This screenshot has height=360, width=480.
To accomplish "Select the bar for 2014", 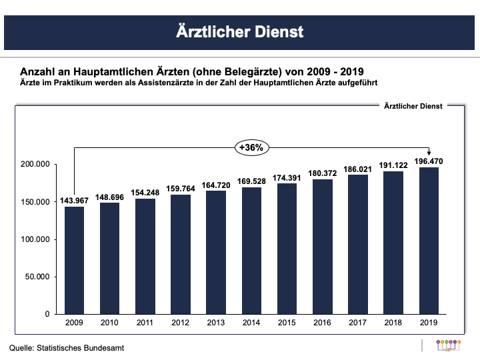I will click(x=251, y=250).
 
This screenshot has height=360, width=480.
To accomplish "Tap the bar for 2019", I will click(x=428, y=240).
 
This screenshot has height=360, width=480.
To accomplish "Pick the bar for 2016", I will click(x=322, y=246).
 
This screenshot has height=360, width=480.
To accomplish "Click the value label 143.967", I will click(x=75, y=201).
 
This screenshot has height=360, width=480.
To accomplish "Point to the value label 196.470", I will click(x=428, y=161).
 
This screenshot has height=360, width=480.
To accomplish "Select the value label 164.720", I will click(x=216, y=185).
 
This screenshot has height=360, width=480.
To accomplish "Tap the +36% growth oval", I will click(x=251, y=147).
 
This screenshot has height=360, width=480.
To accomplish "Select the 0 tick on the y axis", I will click(x=47, y=314).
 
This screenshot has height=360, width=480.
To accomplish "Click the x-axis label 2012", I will click(x=181, y=323).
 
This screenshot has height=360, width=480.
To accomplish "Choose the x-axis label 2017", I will click(x=357, y=323).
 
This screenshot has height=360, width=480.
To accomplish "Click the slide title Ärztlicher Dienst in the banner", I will click(x=240, y=31).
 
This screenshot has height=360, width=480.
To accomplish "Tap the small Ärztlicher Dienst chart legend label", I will click(x=413, y=105).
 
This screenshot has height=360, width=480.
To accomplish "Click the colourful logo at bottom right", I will click(x=448, y=345).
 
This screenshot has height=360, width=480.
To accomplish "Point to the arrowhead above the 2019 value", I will click(x=428, y=153).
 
